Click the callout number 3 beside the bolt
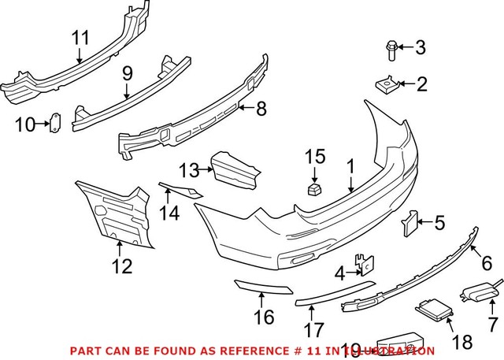420,49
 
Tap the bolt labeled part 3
391,49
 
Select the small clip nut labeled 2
384,82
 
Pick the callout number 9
126,75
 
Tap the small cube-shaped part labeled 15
314,189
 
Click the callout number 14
168,213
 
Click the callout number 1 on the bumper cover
350,168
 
